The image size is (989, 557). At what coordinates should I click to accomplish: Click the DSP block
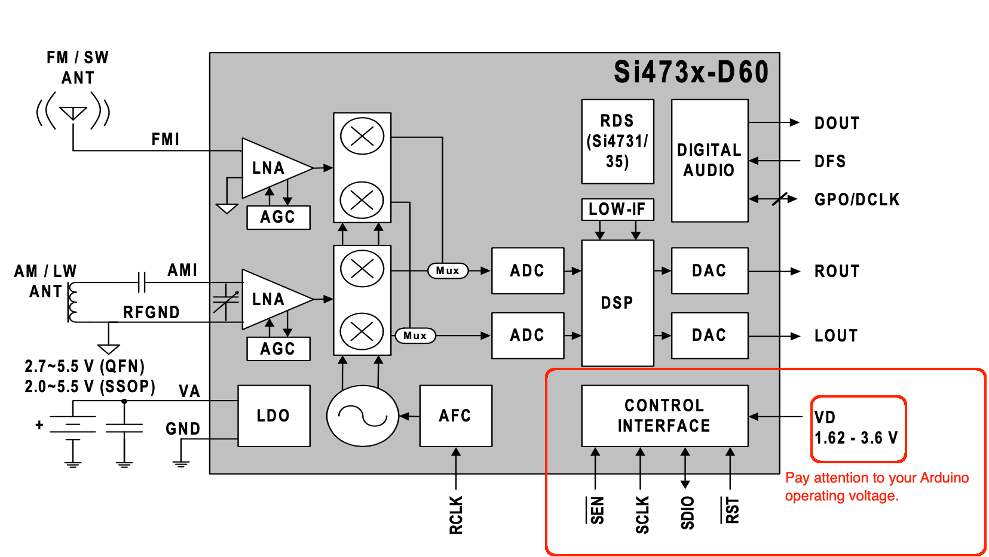pyautogui.click(x=617, y=303)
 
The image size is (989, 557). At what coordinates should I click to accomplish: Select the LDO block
pyautogui.click(x=274, y=416)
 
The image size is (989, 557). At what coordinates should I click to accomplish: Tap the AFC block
pyautogui.click(x=455, y=416)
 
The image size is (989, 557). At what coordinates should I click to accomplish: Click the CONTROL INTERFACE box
pyautogui.click(x=665, y=416)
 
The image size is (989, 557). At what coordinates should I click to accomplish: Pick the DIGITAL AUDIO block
pyautogui.click(x=709, y=160)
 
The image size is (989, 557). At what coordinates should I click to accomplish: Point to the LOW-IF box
pyautogui.click(x=617, y=209)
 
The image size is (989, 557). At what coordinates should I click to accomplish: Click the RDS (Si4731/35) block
pyautogui.click(x=617, y=141)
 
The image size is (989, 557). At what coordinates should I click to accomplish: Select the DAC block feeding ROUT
pyautogui.click(x=709, y=270)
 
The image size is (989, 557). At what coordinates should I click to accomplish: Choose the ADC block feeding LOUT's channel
pyautogui.click(x=527, y=335)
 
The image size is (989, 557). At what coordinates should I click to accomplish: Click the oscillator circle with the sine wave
pyautogui.click(x=362, y=416)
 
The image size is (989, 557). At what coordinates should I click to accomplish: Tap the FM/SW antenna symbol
pyautogui.click(x=73, y=112)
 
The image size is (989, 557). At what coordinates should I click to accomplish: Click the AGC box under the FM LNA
pyautogui.click(x=278, y=217)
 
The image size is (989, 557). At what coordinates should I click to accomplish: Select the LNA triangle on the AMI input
pyautogui.click(x=272, y=299)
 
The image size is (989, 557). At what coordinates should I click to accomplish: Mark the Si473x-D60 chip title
pyautogui.click(x=691, y=72)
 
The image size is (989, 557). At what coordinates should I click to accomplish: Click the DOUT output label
pyautogui.click(x=837, y=123)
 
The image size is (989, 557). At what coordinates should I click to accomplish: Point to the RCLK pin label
pyautogui.click(x=456, y=515)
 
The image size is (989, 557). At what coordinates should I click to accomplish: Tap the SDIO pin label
pyautogui.click(x=687, y=513)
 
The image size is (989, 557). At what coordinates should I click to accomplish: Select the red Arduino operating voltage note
pyautogui.click(x=876, y=487)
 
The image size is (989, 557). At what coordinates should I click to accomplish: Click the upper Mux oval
pyautogui.click(x=448, y=270)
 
